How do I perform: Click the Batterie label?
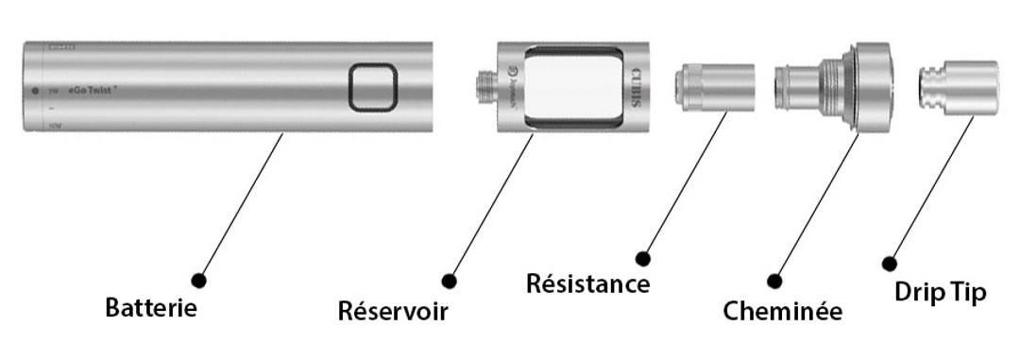[151, 309]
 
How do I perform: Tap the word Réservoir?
[392, 311]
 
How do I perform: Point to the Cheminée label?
[782, 310]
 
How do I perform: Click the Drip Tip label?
[940, 293]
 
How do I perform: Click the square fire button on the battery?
[372, 88]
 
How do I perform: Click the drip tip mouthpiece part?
[960, 87]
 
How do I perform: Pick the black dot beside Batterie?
[199, 280]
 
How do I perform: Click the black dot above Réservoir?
[450, 281]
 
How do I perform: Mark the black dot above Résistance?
[644, 257]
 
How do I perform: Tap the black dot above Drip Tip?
[889, 263]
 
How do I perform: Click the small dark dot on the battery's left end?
[35, 90]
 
